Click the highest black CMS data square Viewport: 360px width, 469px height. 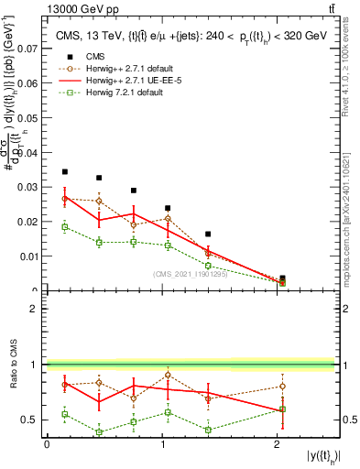[x=64, y=171]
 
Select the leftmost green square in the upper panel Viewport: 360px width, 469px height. [x=64, y=226]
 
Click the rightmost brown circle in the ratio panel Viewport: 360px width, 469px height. [x=282, y=386]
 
